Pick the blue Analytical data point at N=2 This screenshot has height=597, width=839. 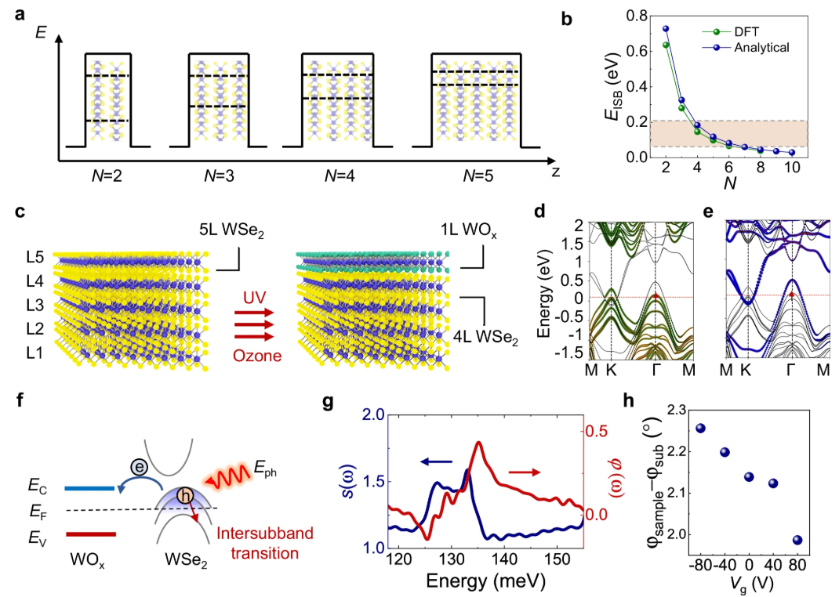point(666,29)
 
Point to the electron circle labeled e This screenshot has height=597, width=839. point(137,466)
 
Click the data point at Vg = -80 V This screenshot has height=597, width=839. point(700,428)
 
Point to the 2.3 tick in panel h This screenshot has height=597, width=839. point(674,409)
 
